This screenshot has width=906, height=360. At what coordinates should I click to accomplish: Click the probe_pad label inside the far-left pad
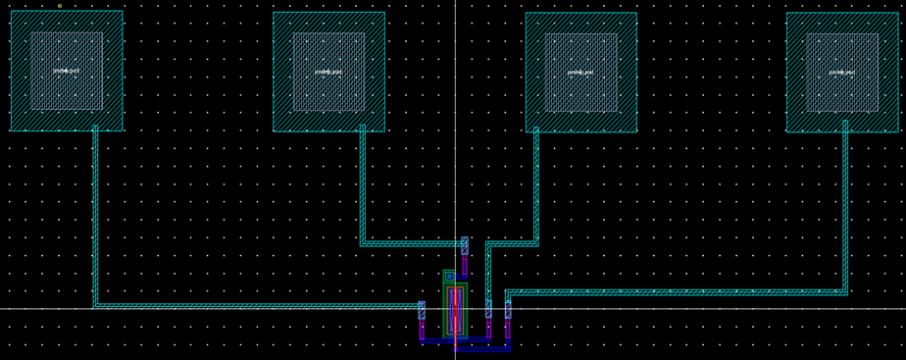(67, 71)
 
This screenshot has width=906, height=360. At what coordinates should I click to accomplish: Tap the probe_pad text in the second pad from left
(328, 72)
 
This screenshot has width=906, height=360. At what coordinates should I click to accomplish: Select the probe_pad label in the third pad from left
(580, 72)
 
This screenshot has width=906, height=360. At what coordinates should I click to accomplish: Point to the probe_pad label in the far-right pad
(841, 72)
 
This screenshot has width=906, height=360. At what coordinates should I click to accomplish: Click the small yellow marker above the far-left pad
(60, 6)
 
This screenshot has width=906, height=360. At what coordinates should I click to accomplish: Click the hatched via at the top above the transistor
(465, 245)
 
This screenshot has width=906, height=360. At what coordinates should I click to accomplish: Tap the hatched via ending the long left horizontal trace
(422, 310)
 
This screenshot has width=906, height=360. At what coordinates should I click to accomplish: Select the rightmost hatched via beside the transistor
(508, 310)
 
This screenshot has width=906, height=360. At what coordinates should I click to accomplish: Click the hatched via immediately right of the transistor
(488, 310)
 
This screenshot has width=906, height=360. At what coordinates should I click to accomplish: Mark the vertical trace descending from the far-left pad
(95, 216)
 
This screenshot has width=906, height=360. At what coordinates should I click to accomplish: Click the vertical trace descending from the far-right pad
(845, 206)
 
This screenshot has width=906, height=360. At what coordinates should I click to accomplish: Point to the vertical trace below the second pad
(363, 186)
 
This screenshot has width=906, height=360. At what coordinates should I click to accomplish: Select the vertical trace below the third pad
(536, 186)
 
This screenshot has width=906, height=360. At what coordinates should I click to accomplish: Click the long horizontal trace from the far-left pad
(255, 306)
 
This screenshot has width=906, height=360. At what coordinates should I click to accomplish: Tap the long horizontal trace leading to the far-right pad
(677, 292)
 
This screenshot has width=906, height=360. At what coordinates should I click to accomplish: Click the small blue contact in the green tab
(449, 277)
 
